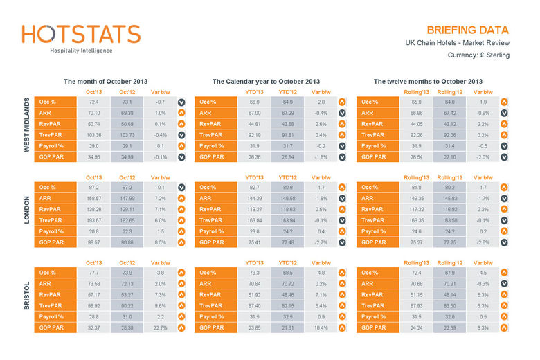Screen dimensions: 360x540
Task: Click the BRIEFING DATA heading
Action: pyautogui.click(x=467, y=30)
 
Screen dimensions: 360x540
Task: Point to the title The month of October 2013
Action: pyautogui.click(x=105, y=82)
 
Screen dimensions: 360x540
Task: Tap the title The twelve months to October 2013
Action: pyautogui.click(x=428, y=82)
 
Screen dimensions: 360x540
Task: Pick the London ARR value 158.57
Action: pyautogui.click(x=93, y=198)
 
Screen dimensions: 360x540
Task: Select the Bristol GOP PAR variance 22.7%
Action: pyautogui.click(x=161, y=327)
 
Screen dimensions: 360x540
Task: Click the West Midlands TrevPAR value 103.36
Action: pyautogui.click(x=93, y=135)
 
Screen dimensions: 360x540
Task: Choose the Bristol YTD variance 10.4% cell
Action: pyautogui.click(x=321, y=327)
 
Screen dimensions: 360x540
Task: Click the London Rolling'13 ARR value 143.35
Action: pyautogui.click(x=415, y=198)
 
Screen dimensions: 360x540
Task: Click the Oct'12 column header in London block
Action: pyautogui.click(x=127, y=177)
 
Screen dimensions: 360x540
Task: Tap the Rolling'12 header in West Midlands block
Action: pyautogui.click(x=449, y=92)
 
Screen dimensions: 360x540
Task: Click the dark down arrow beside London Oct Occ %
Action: pyautogui.click(x=181, y=187)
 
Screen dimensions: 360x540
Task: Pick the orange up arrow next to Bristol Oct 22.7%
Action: pyautogui.click(x=181, y=327)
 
